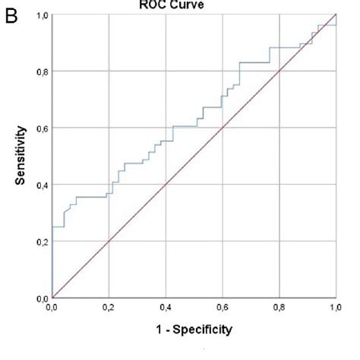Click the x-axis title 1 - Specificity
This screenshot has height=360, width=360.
194,330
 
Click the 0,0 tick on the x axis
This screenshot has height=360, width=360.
52,308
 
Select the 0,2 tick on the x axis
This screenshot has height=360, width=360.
109,308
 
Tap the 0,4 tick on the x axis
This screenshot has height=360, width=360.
166,308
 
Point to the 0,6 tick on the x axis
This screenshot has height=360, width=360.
223,308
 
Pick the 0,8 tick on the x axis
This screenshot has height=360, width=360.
279,308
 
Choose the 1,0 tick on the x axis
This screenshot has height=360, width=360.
335,308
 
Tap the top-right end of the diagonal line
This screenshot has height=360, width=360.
336,14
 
